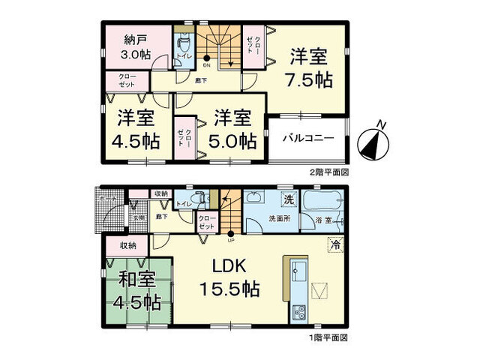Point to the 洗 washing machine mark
tap(288, 199)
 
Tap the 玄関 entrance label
tap(136, 217)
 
